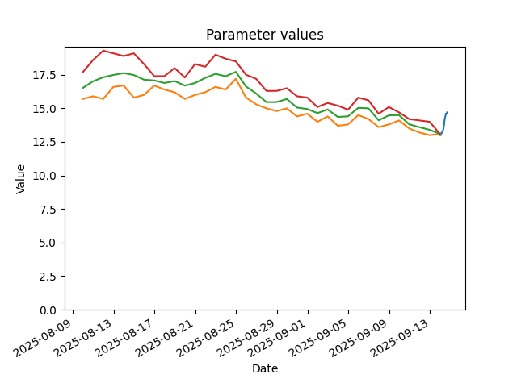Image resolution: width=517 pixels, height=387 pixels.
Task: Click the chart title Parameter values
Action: click(x=265, y=35)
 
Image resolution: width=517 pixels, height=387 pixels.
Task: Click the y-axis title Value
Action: click(x=20, y=179)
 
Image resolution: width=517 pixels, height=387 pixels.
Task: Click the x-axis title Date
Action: click(x=265, y=368)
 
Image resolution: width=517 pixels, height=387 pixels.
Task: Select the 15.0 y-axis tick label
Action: click(x=44, y=109)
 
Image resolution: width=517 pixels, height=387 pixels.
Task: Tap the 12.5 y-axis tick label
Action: click(x=44, y=143)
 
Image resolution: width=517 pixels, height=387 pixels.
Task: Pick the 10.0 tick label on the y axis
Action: click(x=44, y=176)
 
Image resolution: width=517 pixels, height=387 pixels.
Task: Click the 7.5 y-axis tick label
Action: click(x=48, y=210)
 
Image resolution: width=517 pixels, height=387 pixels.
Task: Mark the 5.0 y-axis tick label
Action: click(x=48, y=243)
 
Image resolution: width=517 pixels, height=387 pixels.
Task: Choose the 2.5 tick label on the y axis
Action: click(x=48, y=277)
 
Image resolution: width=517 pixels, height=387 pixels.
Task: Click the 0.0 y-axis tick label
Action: click(x=48, y=310)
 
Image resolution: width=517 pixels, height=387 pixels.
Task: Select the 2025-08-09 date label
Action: click(x=43, y=338)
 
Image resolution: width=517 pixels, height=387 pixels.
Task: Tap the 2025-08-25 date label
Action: click(x=206, y=338)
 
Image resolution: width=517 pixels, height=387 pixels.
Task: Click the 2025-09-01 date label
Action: click(x=278, y=338)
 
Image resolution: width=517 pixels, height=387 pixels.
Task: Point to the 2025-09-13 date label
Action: click(x=400, y=338)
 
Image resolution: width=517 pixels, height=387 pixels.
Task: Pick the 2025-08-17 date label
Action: click(x=124, y=338)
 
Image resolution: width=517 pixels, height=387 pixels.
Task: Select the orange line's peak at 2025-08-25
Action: click(x=236, y=79)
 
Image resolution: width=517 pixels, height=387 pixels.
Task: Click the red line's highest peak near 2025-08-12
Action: click(x=103, y=51)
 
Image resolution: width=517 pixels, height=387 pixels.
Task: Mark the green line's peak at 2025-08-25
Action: click(x=236, y=72)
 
